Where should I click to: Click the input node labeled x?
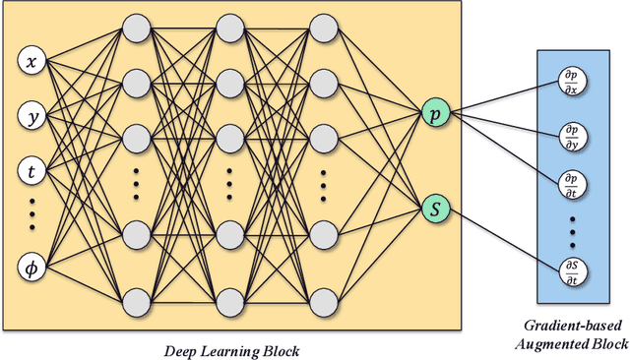[32, 62]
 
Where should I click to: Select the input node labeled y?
[32, 117]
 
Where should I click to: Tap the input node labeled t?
[32, 171]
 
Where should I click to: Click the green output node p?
[433, 114]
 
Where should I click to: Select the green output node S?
[433, 208]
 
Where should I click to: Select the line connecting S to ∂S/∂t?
[502, 238]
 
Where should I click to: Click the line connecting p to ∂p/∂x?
[502, 95]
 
